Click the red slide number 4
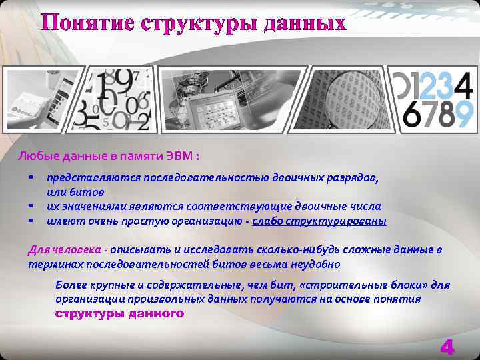click(x=447, y=347)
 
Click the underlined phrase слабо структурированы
click(x=319, y=221)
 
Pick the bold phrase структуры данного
click(x=119, y=313)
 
